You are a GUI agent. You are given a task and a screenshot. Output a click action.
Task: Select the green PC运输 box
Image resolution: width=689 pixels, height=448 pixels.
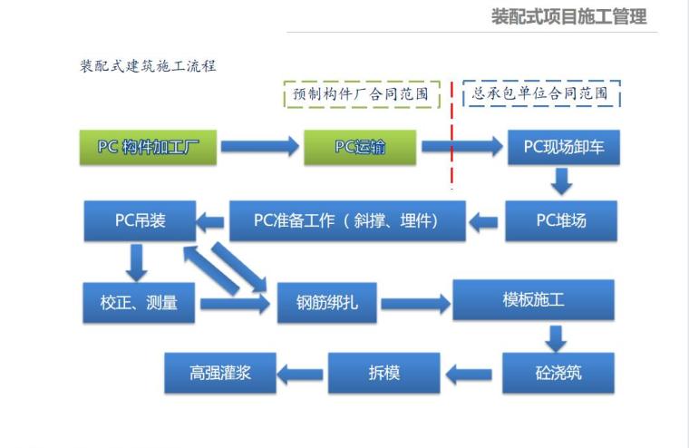(x=360, y=147)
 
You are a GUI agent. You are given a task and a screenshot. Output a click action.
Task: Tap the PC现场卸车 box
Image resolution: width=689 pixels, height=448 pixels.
(x=563, y=147)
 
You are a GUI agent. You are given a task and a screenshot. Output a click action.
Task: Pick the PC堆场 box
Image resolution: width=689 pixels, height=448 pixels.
(x=562, y=220)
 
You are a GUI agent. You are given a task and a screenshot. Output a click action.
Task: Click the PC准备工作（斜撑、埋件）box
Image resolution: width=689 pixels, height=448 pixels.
(x=347, y=220)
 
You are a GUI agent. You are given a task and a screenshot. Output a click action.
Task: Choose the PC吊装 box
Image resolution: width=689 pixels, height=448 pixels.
(x=140, y=220)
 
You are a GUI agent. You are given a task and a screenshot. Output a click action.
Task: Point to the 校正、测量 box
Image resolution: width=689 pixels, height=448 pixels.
(x=140, y=303)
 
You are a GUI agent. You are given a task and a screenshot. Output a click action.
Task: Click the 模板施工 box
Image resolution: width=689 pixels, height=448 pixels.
(x=533, y=299)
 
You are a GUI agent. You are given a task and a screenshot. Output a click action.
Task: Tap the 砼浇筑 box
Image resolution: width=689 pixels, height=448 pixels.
(x=558, y=373)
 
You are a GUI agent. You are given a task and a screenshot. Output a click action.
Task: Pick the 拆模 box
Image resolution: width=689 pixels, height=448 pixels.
(x=384, y=373)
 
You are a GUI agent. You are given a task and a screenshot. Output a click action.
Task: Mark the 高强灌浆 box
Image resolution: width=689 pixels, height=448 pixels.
(x=219, y=373)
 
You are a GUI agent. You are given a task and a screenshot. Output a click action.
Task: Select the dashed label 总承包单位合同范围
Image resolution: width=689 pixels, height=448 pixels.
(x=541, y=93)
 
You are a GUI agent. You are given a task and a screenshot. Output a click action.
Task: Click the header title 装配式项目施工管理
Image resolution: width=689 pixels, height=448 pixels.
(x=568, y=17)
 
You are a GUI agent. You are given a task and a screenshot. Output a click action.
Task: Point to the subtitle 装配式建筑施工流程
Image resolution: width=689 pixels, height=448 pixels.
(x=149, y=66)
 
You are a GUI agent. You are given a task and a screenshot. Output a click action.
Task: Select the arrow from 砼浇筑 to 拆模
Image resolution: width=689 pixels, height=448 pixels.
(x=471, y=373)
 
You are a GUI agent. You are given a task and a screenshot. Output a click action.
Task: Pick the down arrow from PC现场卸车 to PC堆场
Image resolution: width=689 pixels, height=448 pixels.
(x=562, y=183)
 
